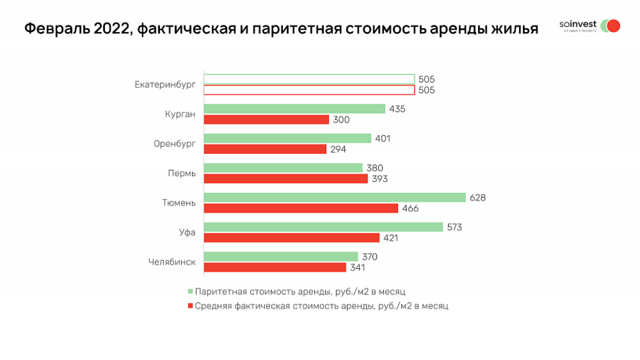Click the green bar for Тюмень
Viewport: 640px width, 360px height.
(334, 197)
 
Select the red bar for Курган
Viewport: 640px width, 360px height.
(266, 120)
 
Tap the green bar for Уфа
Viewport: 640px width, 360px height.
(323, 227)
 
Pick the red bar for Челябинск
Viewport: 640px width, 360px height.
(275, 267)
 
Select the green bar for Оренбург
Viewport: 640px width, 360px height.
(287, 139)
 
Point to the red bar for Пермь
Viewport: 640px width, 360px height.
(286, 179)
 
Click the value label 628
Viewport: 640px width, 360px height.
(477, 197)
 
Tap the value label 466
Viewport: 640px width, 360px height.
(411, 208)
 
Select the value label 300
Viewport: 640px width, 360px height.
(341, 120)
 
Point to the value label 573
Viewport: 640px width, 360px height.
(454, 227)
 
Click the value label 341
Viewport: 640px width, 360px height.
(357, 267)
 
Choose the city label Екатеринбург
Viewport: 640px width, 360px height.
(165, 84)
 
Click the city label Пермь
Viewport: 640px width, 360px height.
(182, 173)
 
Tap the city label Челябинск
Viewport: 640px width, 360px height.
(172, 262)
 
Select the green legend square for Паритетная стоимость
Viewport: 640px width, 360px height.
(191, 292)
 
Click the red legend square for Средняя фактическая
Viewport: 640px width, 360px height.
(191, 306)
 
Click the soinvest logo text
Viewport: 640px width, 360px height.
(578, 25)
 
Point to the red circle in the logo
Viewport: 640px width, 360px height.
(613, 26)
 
